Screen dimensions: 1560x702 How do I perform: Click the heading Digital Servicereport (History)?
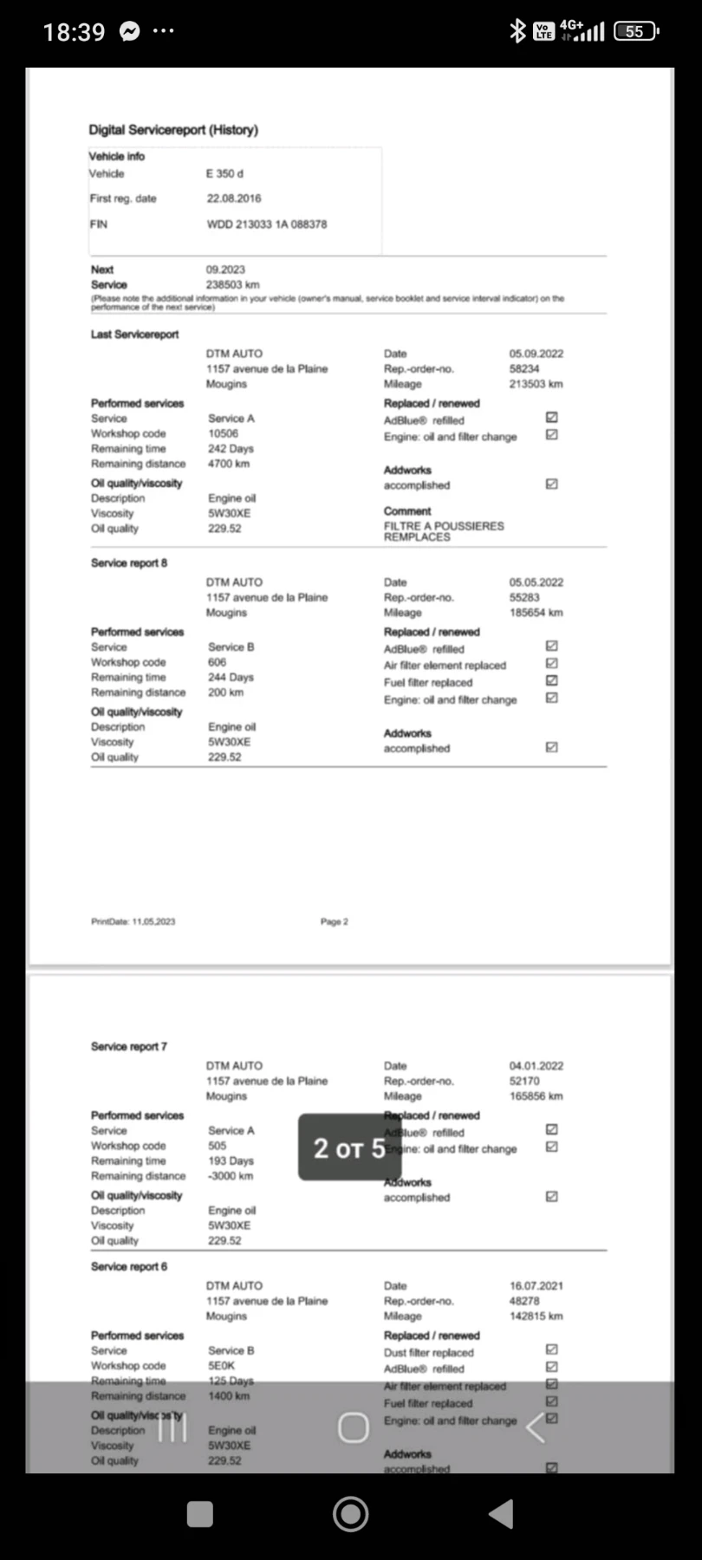coord(173,130)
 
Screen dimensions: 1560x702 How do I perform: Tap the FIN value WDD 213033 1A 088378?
coord(266,224)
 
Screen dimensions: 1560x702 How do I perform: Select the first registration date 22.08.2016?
coord(233,198)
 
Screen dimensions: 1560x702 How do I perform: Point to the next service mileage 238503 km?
coord(232,284)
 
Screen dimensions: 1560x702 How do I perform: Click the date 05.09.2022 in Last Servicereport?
coord(536,354)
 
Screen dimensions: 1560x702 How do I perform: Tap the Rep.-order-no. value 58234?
coord(523,369)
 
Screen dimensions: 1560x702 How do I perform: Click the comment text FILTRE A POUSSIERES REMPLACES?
coord(443,531)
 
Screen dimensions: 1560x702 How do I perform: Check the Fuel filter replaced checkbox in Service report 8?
coord(552,681)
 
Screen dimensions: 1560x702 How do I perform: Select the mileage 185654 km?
coord(536,613)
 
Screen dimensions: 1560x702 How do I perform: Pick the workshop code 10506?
coord(223,433)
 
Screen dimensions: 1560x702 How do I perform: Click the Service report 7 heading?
coord(129,1047)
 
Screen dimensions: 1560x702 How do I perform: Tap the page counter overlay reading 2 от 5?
coord(349,1148)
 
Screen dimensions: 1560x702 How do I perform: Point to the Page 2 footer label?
coord(334,922)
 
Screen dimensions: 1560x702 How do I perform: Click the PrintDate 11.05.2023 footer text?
coord(133,922)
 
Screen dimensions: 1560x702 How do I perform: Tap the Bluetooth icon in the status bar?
coord(517,32)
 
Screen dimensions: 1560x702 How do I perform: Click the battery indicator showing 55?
coord(635,32)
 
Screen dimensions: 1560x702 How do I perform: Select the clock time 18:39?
coord(74,33)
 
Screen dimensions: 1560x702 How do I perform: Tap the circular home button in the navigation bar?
coord(351,1514)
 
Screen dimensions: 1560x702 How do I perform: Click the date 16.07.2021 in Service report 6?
coord(536,1286)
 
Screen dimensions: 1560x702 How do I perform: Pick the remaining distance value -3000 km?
coord(230,1176)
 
